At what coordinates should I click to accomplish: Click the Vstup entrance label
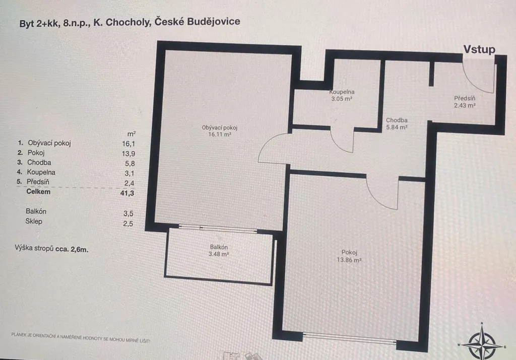pyautogui.click(x=479, y=49)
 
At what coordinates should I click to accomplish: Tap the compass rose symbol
pyautogui.click(x=482, y=341)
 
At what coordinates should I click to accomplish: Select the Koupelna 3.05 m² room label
pyautogui.click(x=342, y=95)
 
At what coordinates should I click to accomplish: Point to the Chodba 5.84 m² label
pyautogui.click(x=397, y=124)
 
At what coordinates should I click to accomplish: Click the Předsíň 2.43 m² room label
pyautogui.click(x=465, y=102)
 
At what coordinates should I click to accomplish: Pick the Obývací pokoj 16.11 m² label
pyautogui.click(x=220, y=131)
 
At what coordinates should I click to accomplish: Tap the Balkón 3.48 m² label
pyautogui.click(x=219, y=251)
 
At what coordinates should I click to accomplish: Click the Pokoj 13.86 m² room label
pyautogui.click(x=349, y=256)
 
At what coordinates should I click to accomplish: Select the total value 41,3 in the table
pyautogui.click(x=127, y=193)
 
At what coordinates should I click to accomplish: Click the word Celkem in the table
pyautogui.click(x=38, y=192)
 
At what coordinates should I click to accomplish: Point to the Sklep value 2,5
pyautogui.click(x=128, y=224)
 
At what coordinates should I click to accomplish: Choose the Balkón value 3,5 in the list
pyautogui.click(x=128, y=213)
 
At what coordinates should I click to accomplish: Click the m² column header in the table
pyautogui.click(x=132, y=134)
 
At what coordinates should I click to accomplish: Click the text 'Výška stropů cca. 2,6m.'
pyautogui.click(x=51, y=249)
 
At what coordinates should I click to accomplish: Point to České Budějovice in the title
pyautogui.click(x=197, y=22)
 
